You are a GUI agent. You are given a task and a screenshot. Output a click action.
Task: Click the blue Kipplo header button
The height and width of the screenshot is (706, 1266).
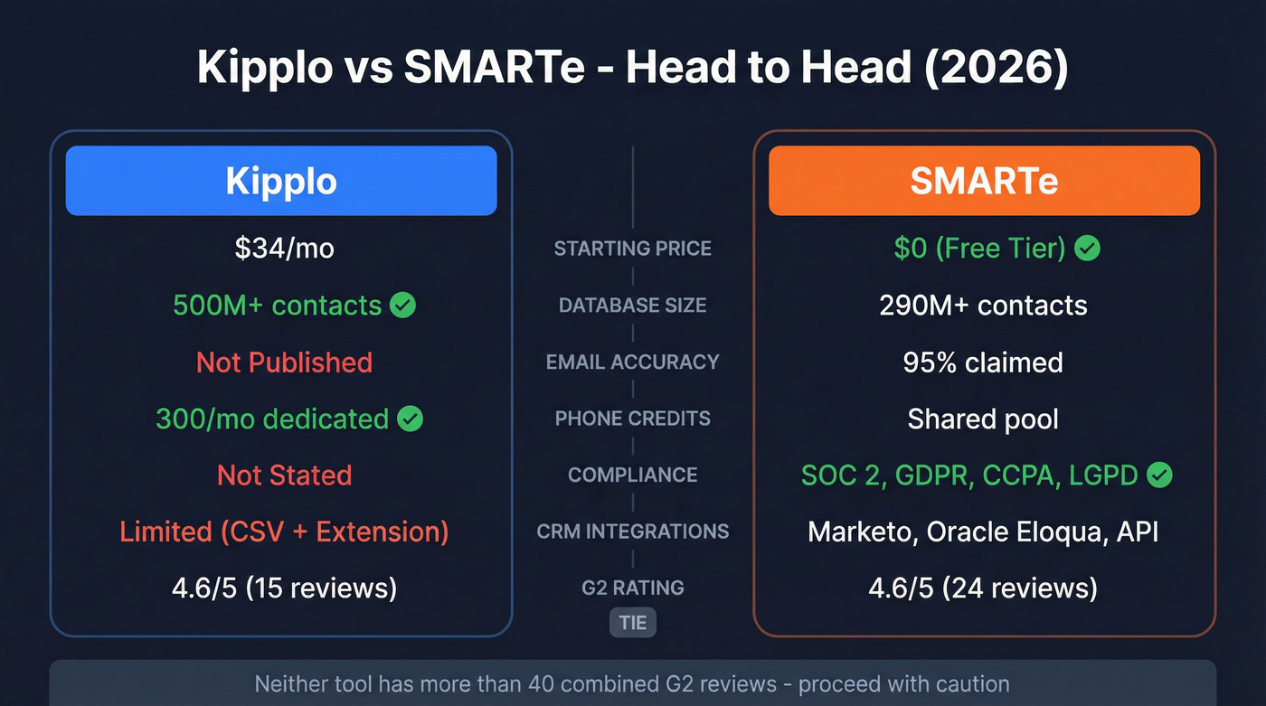281,181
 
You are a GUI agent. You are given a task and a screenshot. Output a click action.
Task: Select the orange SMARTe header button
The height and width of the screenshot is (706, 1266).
984,181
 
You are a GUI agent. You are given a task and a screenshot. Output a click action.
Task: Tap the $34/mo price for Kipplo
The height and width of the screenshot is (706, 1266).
285,249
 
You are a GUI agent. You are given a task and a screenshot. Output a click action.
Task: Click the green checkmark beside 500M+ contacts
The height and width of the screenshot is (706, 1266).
402,306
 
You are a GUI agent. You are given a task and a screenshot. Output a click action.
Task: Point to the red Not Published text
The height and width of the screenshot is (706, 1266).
285,362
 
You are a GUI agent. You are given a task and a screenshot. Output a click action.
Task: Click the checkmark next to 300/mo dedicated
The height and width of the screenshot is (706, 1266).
411,419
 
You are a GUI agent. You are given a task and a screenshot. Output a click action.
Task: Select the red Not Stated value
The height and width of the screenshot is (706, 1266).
285,475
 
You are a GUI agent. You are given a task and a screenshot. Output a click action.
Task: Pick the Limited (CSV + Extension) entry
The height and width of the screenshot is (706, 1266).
285,532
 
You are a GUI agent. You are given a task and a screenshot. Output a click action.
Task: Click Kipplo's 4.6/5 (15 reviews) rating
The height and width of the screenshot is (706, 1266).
285,588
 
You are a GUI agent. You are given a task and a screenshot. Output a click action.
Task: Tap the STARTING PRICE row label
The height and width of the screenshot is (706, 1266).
633,249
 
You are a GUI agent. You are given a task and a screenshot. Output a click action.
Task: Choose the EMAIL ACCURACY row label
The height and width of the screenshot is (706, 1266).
633,362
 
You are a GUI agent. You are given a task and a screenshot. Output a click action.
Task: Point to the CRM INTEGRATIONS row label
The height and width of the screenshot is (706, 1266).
633,532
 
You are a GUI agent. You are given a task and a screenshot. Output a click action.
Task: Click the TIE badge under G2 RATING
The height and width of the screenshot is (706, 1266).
633,623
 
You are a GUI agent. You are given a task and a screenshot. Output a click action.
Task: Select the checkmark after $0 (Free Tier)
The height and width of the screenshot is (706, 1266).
1087,249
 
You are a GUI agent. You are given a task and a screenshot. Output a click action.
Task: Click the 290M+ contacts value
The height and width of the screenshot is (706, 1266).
984,306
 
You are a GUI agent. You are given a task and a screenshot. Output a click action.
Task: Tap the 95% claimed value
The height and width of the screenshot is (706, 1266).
984,362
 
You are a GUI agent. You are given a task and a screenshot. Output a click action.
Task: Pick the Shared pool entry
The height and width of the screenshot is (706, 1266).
984,419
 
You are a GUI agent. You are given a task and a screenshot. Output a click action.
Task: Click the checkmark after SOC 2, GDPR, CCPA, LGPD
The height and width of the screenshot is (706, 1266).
1159,475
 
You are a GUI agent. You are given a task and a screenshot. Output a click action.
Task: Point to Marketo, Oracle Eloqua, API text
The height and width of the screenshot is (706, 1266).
984,532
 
